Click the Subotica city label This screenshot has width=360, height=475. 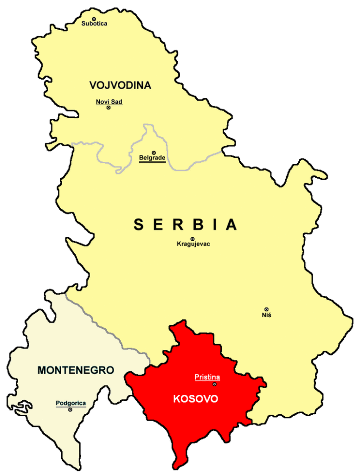click(x=94, y=24)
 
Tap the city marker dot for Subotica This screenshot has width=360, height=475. click(x=94, y=19)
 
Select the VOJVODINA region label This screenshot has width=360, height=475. click(x=121, y=85)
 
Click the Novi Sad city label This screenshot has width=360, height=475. click(x=109, y=102)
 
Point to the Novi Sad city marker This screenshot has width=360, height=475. click(x=109, y=108)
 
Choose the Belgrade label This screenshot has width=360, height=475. click(x=152, y=158)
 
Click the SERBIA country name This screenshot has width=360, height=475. click(x=186, y=225)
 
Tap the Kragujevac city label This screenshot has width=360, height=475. click(x=193, y=244)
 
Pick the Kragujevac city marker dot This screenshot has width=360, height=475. click(x=193, y=239)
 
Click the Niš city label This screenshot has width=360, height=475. click(x=266, y=315)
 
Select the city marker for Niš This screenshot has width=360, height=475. click(x=266, y=309)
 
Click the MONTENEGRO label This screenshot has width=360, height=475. click(x=76, y=370)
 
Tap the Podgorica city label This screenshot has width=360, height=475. click(x=71, y=403)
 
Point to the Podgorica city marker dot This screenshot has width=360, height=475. click(x=70, y=410)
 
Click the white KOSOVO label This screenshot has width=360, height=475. click(x=195, y=399)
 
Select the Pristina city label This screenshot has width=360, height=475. click(x=207, y=378)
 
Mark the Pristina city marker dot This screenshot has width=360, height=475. click(x=214, y=384)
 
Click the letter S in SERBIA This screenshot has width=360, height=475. click(x=139, y=225)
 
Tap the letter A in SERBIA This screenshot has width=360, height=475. click(x=231, y=225)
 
